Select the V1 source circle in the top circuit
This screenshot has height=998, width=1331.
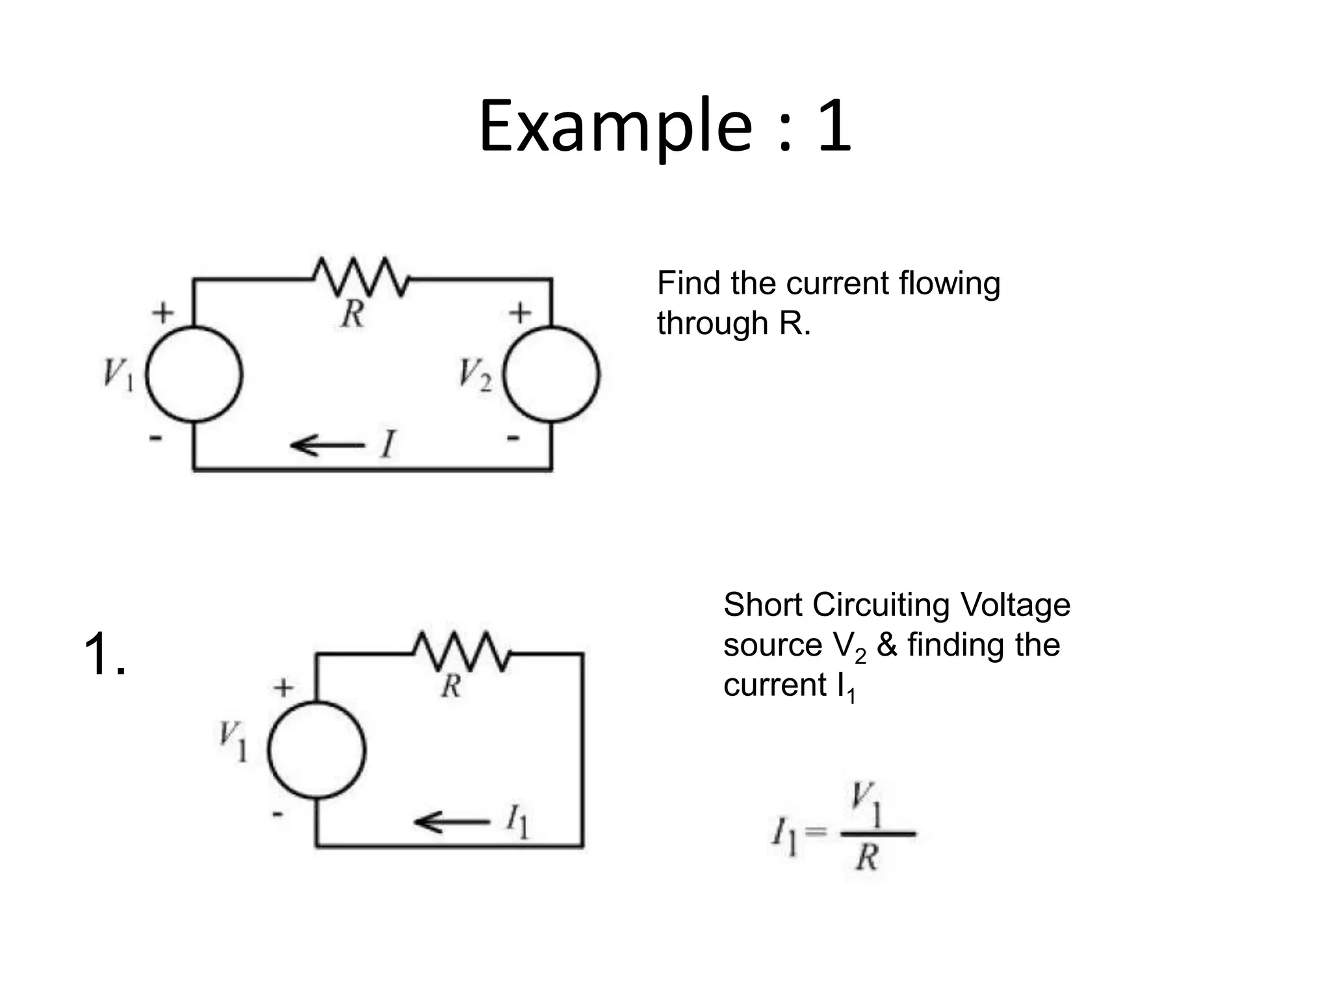tap(194, 375)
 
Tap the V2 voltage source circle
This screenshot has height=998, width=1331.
tap(552, 375)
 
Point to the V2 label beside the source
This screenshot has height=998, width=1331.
tap(474, 376)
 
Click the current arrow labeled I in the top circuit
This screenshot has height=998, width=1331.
tap(328, 446)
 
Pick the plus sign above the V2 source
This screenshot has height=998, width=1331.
tap(520, 313)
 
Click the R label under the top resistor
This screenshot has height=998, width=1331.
tap(353, 314)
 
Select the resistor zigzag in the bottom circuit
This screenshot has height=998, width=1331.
tap(462, 651)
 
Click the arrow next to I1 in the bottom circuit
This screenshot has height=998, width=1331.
tap(452, 822)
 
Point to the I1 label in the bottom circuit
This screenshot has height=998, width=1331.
tap(517, 822)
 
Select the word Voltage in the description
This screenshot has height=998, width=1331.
tap(1014, 605)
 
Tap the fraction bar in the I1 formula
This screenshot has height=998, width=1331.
tap(878, 833)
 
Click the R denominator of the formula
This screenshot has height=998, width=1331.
tap(867, 858)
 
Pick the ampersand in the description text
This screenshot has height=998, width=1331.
tap(886, 645)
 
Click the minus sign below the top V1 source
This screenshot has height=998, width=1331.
tap(155, 439)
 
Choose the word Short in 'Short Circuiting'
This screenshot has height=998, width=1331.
tap(762, 605)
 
